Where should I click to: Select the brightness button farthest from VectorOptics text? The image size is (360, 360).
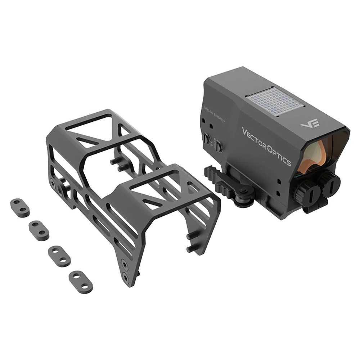point(206,139)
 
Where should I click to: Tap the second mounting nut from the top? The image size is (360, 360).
point(37,228)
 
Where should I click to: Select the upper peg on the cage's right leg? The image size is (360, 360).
point(193,236)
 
